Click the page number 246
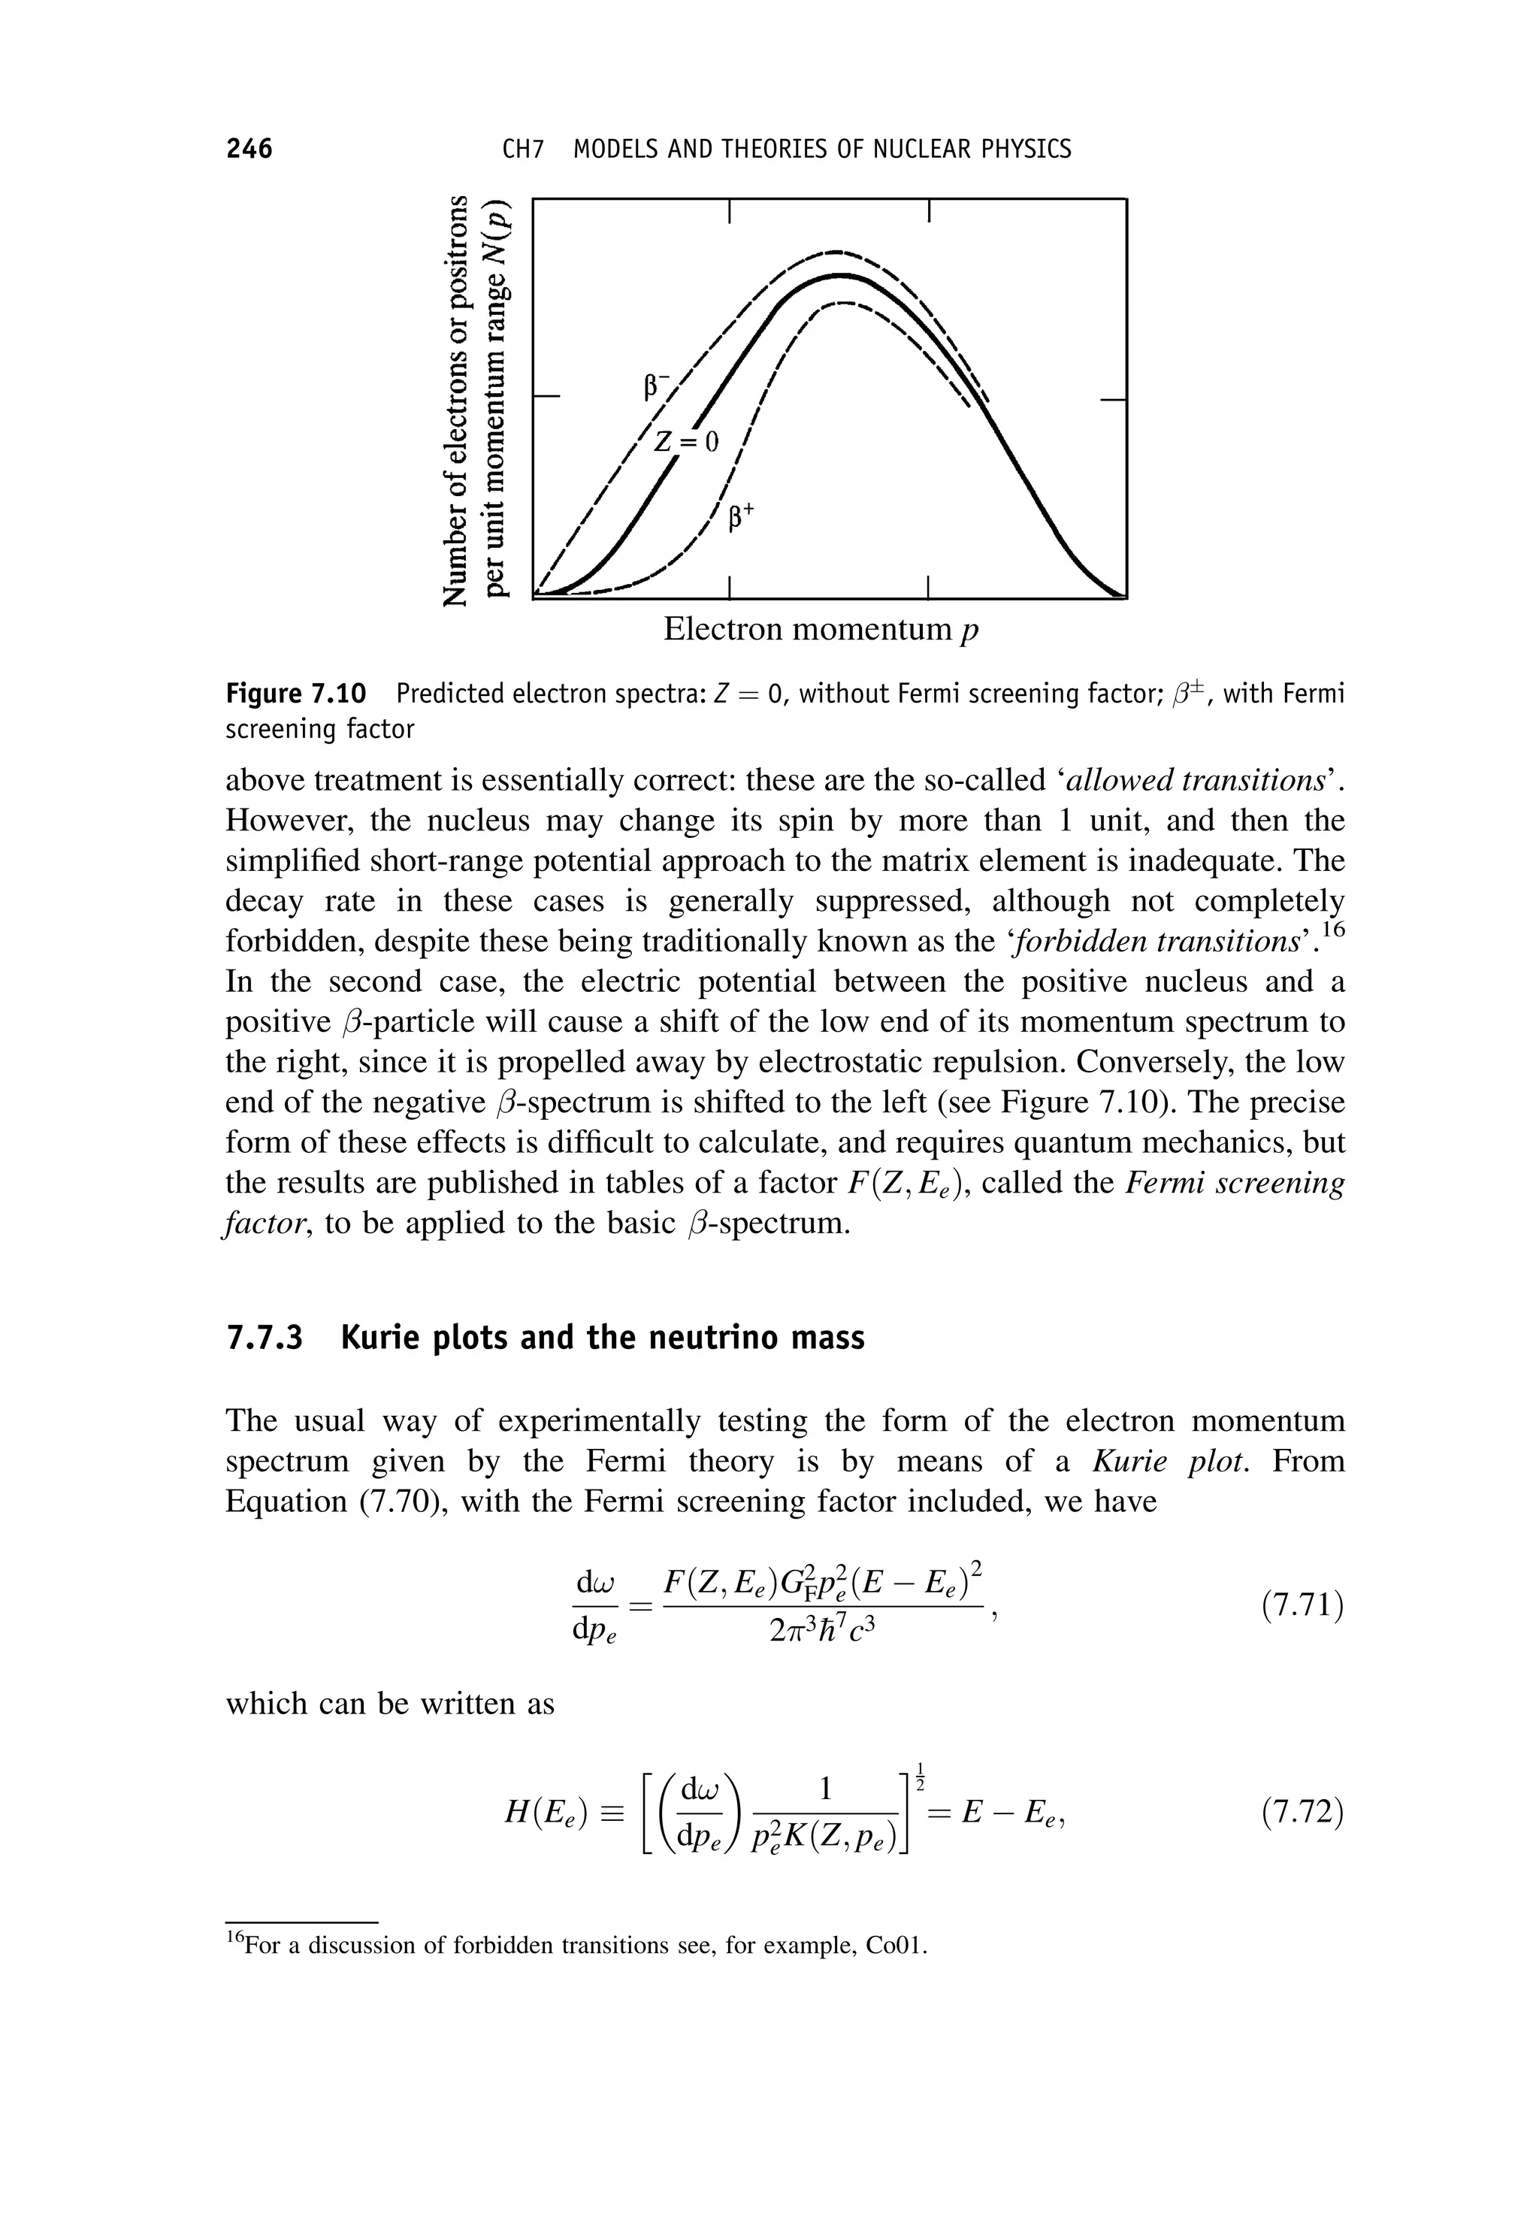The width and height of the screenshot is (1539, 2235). coord(249,150)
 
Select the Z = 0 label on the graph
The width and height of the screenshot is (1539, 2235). coord(687,443)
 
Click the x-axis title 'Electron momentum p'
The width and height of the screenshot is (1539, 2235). coord(821,631)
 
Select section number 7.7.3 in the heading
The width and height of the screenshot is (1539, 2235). coord(263,1338)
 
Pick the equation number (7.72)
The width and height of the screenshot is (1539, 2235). coord(1302,1813)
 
